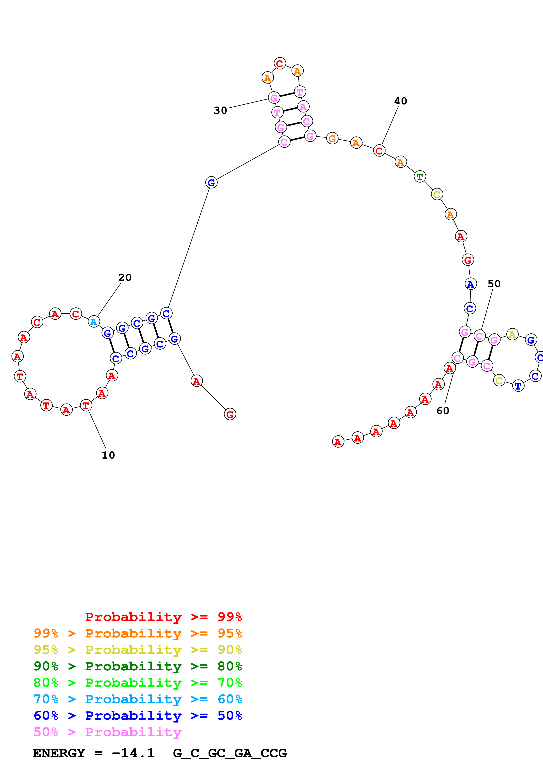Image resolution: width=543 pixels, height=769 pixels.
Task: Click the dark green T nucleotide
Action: (x=419, y=176)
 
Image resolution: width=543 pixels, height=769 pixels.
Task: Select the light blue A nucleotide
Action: (x=94, y=322)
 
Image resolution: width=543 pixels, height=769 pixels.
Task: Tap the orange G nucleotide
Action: (x=332, y=138)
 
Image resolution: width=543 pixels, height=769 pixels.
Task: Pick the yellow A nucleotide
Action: (x=512, y=335)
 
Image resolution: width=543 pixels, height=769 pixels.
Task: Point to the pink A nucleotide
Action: (x=303, y=107)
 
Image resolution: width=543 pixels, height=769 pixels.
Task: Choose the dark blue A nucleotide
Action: (x=470, y=284)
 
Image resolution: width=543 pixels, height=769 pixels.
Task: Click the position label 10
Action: (x=108, y=455)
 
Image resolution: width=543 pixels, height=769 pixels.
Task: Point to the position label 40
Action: (x=400, y=101)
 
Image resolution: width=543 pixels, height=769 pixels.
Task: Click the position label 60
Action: (x=443, y=411)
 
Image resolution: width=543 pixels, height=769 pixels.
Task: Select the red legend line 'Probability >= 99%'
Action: (x=163, y=617)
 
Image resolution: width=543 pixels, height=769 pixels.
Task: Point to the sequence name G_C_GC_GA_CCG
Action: (x=230, y=753)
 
